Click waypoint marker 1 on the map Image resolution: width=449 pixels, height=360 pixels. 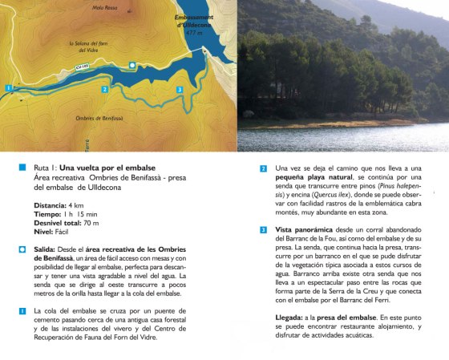click(6, 87)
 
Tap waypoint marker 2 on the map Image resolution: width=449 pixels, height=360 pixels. click(105, 89)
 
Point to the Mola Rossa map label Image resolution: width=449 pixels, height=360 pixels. click(105, 8)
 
